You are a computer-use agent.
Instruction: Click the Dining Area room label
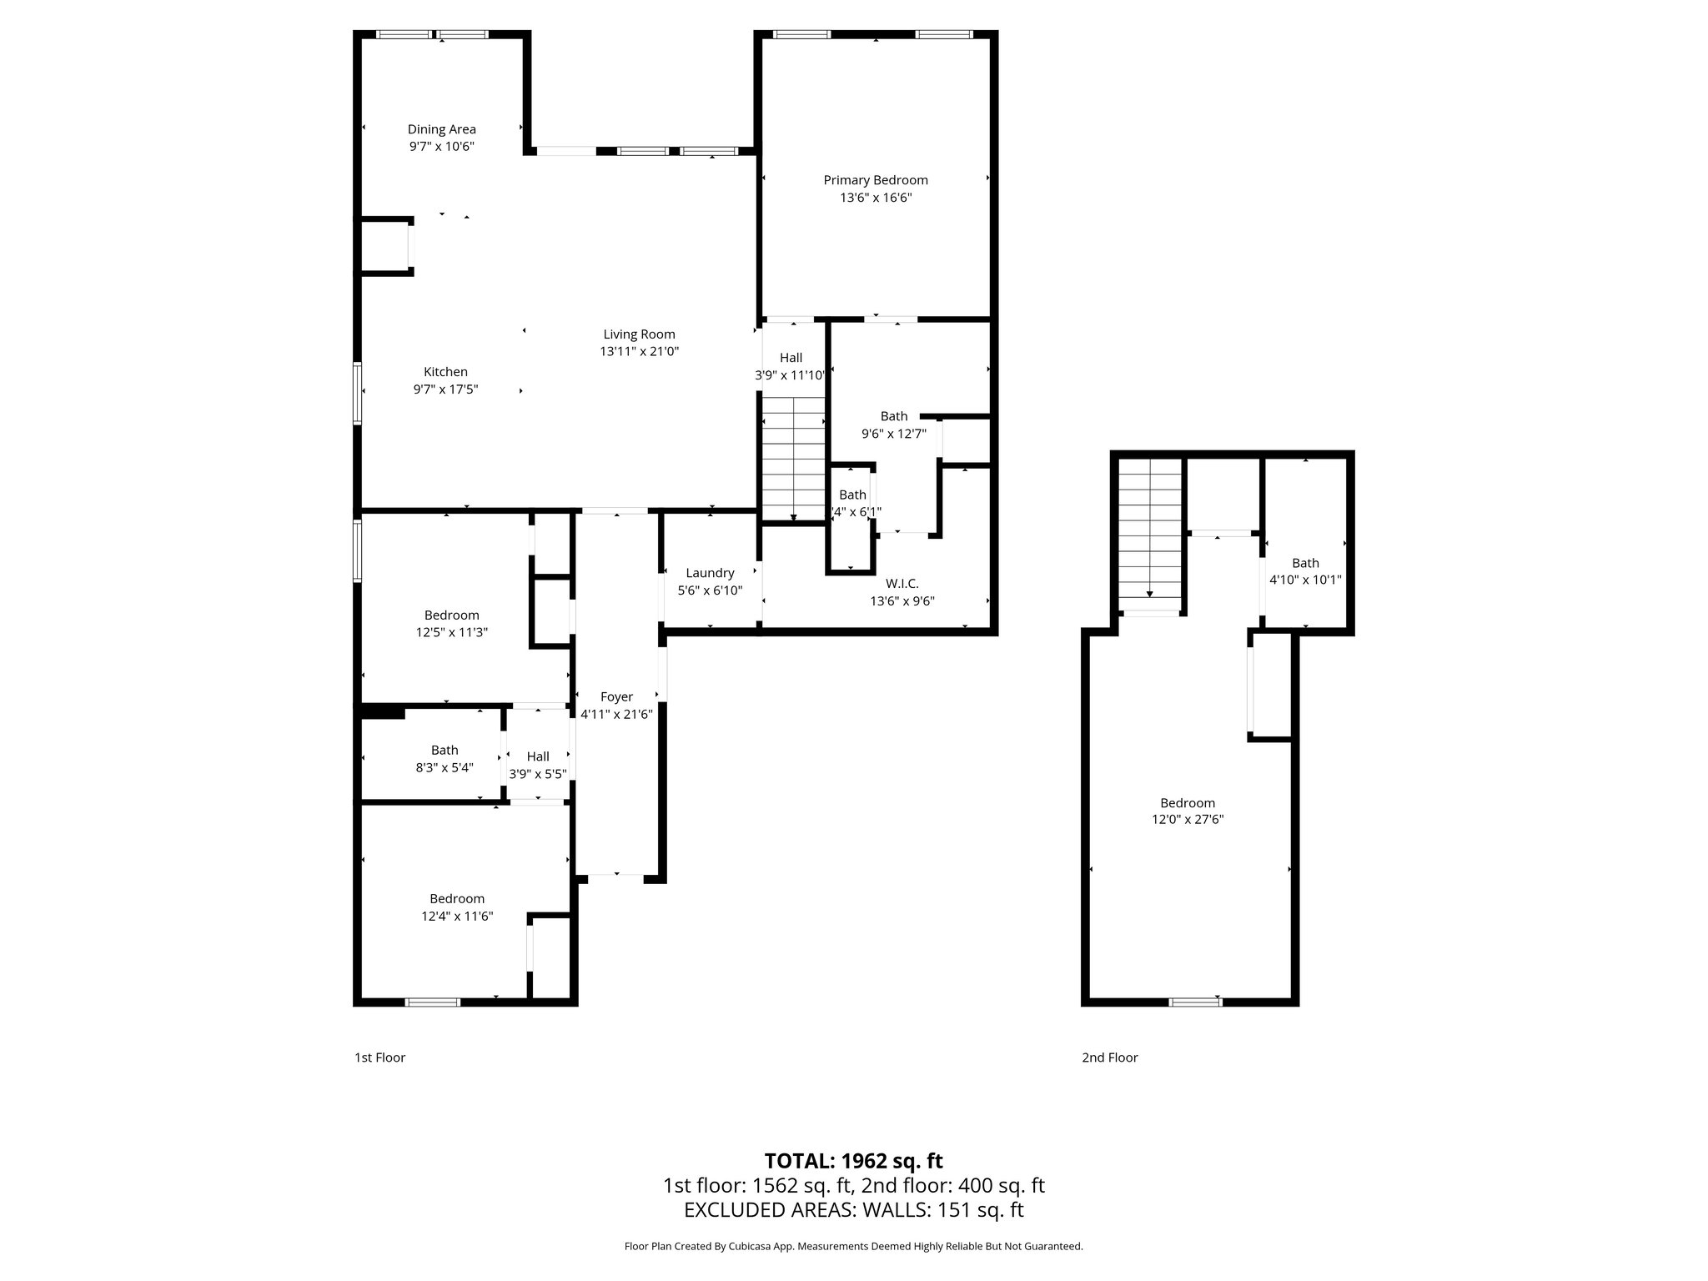click(441, 129)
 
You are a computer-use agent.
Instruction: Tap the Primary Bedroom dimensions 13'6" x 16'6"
click(875, 198)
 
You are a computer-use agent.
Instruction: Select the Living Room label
click(639, 334)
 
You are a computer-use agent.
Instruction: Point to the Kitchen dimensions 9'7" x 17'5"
click(445, 389)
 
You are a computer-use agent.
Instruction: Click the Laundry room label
click(710, 573)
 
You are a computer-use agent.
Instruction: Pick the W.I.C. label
click(902, 584)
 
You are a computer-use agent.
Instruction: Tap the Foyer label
click(616, 696)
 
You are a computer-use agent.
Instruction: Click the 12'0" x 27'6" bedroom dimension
click(1188, 820)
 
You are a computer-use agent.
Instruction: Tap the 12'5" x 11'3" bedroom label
click(451, 615)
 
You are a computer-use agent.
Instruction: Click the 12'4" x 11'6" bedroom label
click(457, 898)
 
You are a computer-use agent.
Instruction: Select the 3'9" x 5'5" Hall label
click(538, 756)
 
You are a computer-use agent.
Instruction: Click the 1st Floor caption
click(379, 1057)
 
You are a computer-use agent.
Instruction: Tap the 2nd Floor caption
click(1109, 1057)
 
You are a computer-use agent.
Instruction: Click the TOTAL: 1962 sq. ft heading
click(853, 1160)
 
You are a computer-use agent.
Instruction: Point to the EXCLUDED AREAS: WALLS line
click(853, 1210)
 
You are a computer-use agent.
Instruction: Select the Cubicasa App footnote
click(853, 1246)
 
